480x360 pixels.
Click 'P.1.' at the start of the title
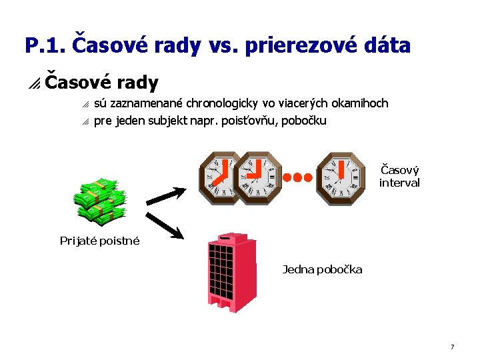click(x=45, y=46)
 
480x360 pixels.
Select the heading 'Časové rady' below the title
click(x=101, y=83)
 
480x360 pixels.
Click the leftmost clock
click(x=221, y=177)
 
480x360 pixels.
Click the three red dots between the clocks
click(x=297, y=177)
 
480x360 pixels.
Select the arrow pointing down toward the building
click(x=164, y=225)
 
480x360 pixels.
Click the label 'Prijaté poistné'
click(x=100, y=241)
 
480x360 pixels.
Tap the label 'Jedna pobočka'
click(x=323, y=269)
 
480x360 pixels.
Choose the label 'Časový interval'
click(x=399, y=176)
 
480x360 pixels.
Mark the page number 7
click(x=452, y=347)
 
